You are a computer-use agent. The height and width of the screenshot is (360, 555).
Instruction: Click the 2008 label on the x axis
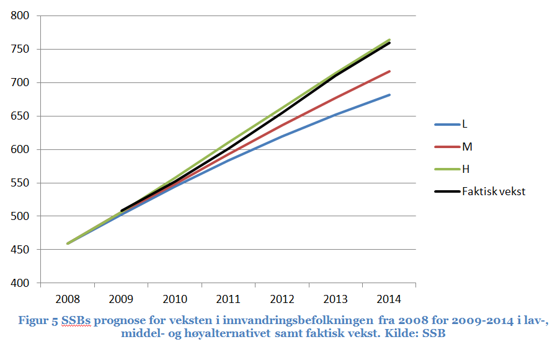tap(68, 299)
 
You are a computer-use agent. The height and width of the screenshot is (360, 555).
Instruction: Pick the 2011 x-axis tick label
tap(228, 299)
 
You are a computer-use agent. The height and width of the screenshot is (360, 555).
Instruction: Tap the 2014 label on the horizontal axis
tap(389, 299)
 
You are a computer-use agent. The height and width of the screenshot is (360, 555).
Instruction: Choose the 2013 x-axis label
tap(335, 299)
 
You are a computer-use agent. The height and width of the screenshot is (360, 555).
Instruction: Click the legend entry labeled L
tap(465, 124)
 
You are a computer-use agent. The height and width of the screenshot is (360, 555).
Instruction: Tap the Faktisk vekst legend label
tap(494, 191)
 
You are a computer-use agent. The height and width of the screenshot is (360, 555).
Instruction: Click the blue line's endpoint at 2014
tap(389, 95)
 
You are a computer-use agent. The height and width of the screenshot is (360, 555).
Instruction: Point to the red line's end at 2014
tap(389, 71)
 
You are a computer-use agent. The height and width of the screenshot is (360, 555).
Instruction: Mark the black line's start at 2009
tap(122, 211)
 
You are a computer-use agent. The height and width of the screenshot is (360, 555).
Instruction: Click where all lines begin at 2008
tap(68, 244)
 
